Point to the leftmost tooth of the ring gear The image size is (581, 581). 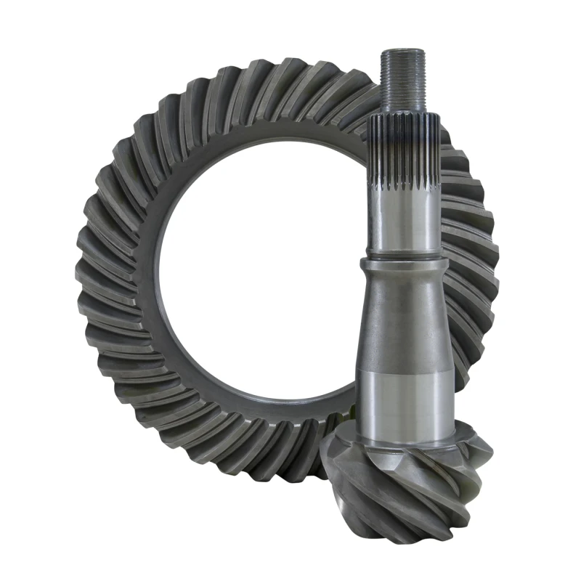click(x=84, y=269)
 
